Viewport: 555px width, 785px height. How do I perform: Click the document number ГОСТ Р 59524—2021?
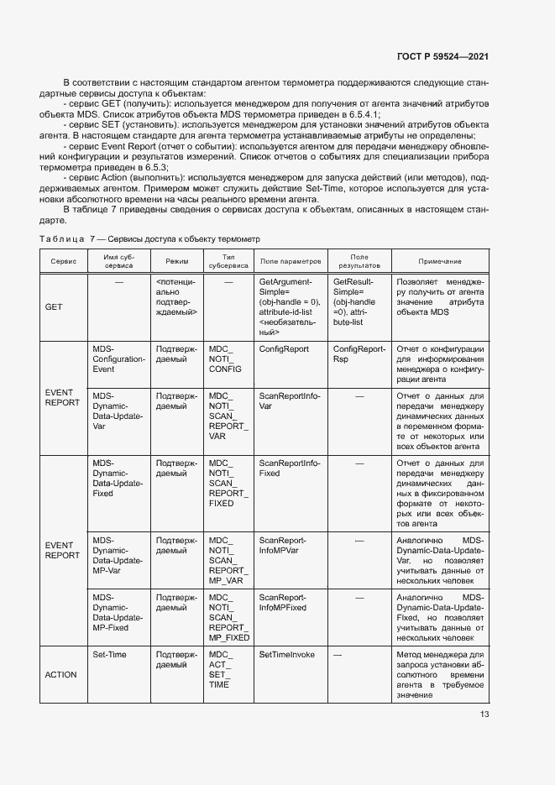click(442, 57)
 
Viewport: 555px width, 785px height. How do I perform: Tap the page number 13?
click(484, 714)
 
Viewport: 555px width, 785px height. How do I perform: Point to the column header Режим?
click(177, 262)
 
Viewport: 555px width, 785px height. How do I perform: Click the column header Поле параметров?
click(291, 262)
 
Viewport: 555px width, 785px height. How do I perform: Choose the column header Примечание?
click(440, 262)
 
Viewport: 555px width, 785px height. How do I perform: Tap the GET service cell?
click(54, 306)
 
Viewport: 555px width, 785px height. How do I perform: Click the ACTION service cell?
click(60, 674)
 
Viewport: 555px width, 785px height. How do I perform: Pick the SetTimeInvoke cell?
click(286, 654)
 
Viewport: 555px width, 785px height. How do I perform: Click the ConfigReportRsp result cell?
click(359, 353)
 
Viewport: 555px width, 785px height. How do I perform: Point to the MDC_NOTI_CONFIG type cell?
click(224, 358)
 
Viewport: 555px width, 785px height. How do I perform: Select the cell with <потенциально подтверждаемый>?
click(177, 296)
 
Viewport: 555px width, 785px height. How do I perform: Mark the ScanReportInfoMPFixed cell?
click(283, 601)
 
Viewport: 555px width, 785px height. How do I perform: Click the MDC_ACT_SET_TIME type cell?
click(220, 669)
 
